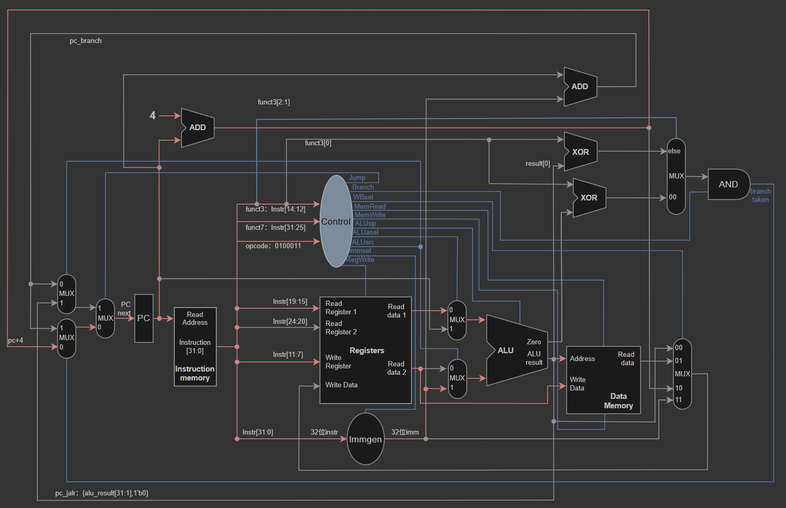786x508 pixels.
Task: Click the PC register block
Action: click(144, 318)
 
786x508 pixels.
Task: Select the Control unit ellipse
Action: click(336, 221)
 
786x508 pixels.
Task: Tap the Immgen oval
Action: click(365, 439)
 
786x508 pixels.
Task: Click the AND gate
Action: click(729, 184)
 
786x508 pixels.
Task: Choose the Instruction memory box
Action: click(195, 347)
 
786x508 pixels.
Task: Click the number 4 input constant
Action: click(153, 115)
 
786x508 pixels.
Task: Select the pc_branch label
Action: click(86, 41)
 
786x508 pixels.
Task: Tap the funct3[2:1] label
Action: click(274, 102)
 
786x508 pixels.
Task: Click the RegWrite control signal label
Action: click(360, 260)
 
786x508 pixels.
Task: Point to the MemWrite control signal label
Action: click(370, 215)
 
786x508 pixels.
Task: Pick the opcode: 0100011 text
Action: click(273, 246)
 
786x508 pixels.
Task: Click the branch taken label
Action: click(760, 195)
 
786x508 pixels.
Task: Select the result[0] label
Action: click(538, 164)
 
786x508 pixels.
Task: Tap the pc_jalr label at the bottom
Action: click(102, 493)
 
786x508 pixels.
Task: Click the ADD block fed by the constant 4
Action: click(197, 128)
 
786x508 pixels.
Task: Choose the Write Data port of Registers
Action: click(341, 385)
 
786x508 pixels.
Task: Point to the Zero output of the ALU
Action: click(533, 342)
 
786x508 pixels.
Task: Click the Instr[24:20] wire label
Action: click(290, 321)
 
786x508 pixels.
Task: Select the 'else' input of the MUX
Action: click(674, 151)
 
